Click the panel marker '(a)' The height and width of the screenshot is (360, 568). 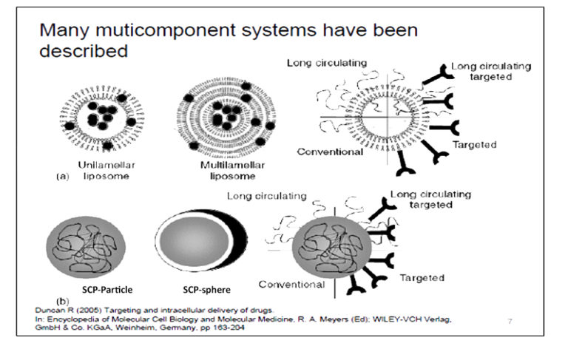click(64, 177)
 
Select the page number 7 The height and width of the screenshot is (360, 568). click(510, 322)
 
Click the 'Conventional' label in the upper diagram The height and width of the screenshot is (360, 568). click(330, 152)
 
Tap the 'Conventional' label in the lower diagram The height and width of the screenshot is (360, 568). click(291, 285)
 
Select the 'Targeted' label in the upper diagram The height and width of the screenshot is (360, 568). click(473, 146)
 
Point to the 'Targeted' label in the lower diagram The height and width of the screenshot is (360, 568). click(422, 278)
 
